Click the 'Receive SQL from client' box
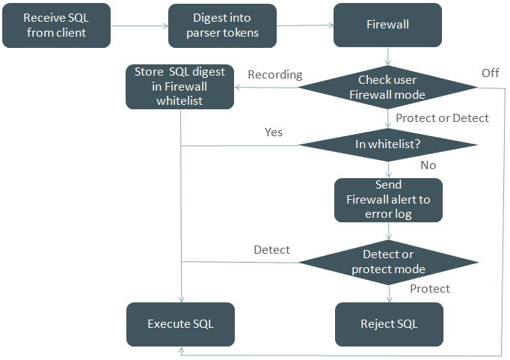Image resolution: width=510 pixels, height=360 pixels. [x=56, y=25]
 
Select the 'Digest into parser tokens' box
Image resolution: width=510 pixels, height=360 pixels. [x=222, y=25]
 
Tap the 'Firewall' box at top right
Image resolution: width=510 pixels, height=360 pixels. [x=388, y=25]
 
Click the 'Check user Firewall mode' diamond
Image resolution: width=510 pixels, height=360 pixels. [x=388, y=88]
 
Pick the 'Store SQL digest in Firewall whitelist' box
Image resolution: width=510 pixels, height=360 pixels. [x=180, y=87]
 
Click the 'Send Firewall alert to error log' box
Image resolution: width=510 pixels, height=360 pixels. [x=388, y=200]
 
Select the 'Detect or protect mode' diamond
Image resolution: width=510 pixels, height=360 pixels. [x=388, y=262]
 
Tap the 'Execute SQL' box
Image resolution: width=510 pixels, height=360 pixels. [x=180, y=324]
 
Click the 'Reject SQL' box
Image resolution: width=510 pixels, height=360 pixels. [x=388, y=324]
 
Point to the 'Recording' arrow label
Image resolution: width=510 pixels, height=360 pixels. [x=274, y=75]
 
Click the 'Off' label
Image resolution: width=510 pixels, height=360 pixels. [x=490, y=73]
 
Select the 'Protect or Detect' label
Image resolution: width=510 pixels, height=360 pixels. [x=442, y=118]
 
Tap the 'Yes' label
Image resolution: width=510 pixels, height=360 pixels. [x=274, y=132]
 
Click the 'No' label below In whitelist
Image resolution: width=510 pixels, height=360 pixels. [x=428, y=165]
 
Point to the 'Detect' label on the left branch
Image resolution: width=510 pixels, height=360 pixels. [x=271, y=249]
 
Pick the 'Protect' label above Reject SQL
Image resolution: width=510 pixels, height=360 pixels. [x=430, y=289]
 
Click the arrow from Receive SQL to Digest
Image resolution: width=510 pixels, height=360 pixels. [x=139, y=25]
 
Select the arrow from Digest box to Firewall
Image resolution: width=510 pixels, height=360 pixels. [x=305, y=25]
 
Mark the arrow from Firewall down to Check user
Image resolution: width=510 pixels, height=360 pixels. [x=388, y=57]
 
